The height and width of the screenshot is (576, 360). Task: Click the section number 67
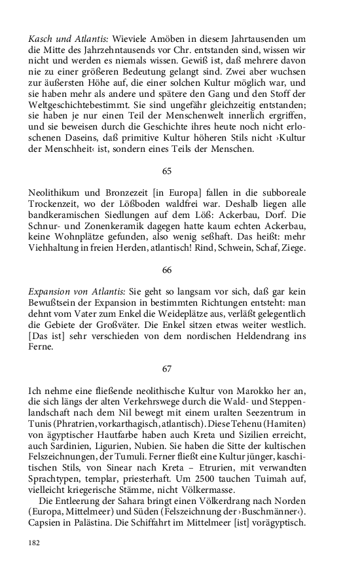166,369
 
